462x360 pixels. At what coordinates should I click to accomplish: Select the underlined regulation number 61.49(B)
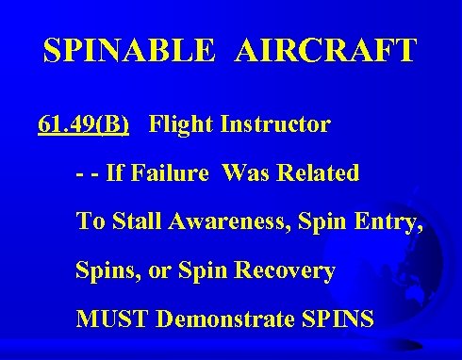click(x=84, y=123)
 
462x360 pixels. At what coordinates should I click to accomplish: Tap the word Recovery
click(x=293, y=271)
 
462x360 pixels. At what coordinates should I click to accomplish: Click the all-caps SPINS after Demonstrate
click(x=340, y=319)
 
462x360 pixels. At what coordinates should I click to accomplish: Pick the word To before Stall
click(x=90, y=221)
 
